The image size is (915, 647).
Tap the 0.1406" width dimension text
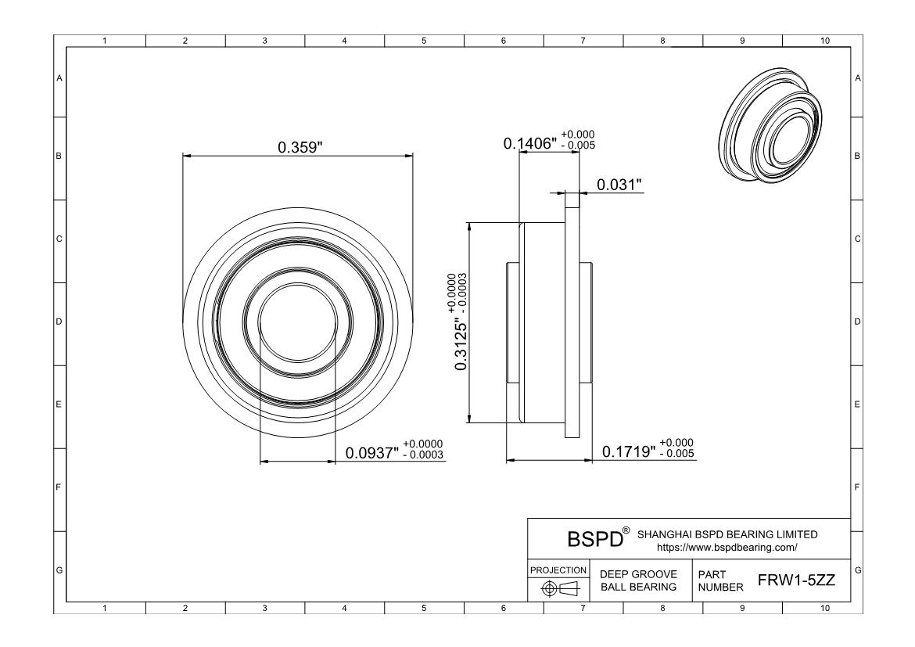click(x=529, y=143)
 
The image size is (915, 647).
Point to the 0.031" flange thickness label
click(x=619, y=185)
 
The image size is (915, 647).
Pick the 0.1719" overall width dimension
click(x=629, y=451)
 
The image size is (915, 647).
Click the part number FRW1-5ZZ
click(x=797, y=581)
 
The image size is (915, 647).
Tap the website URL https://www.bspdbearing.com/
click(x=727, y=547)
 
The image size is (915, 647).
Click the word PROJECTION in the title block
click(x=558, y=570)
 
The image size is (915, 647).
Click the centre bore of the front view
click(x=296, y=322)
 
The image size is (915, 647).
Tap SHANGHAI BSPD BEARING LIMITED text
click(x=727, y=534)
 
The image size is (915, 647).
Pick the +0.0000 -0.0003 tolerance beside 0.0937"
click(x=422, y=449)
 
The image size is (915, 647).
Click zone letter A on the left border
click(x=59, y=78)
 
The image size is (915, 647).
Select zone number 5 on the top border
click(x=423, y=41)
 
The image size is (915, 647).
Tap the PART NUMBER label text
click(x=715, y=581)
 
